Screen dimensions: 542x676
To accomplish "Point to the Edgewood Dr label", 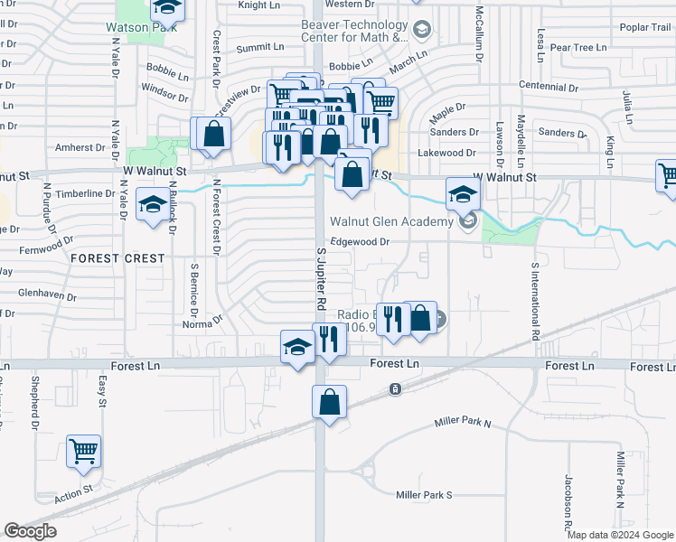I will point(359,242).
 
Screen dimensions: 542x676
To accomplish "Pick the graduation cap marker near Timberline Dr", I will point(151,203).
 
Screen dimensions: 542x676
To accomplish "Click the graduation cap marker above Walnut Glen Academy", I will point(463,193).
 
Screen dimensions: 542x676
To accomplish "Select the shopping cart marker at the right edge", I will point(667,176).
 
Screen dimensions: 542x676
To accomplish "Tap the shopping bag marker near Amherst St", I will point(213,135).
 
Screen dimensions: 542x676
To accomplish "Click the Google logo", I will point(30,531).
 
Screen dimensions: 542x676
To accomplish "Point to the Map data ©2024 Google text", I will point(621,535).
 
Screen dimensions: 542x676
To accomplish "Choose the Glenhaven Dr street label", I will point(43,293).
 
